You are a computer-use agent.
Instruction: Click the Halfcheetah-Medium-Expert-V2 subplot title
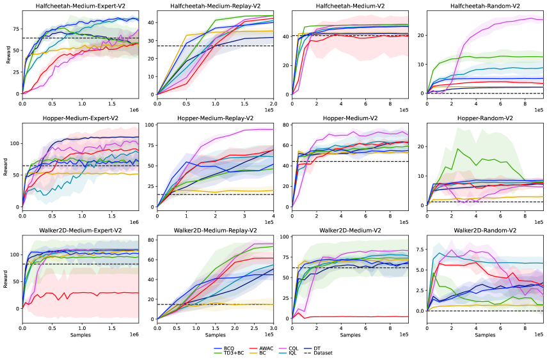click(80, 6)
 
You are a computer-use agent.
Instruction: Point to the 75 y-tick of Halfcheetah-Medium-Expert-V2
click(15, 29)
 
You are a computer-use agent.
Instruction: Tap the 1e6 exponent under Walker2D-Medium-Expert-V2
click(134, 335)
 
